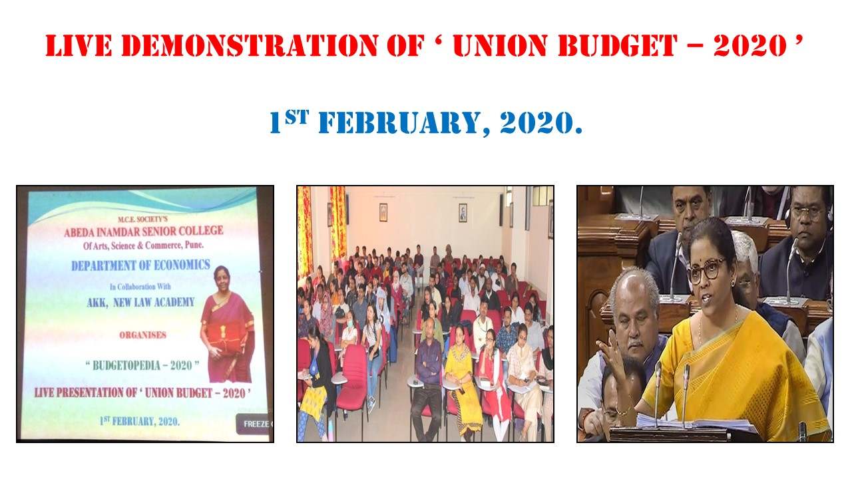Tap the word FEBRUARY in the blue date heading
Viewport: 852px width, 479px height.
pos(399,123)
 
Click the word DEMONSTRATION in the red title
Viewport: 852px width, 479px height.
pos(250,46)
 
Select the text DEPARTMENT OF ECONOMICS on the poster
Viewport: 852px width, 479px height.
pos(140,265)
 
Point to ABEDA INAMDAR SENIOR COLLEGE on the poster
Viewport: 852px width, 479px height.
pos(143,231)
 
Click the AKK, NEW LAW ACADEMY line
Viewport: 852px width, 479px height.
pos(140,302)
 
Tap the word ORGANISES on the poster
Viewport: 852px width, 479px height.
pos(142,335)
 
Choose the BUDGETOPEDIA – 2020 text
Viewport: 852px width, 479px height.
pos(142,365)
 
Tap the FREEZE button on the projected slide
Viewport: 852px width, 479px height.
pos(254,424)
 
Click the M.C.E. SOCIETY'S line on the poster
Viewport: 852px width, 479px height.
pos(142,220)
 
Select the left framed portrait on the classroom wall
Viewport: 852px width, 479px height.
pos(383,212)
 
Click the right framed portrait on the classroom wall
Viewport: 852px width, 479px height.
pos(463,213)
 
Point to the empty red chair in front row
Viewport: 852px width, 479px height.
pos(353,377)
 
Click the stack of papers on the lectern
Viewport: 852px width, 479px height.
pos(696,422)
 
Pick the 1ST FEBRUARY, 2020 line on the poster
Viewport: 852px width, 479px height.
pos(140,421)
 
